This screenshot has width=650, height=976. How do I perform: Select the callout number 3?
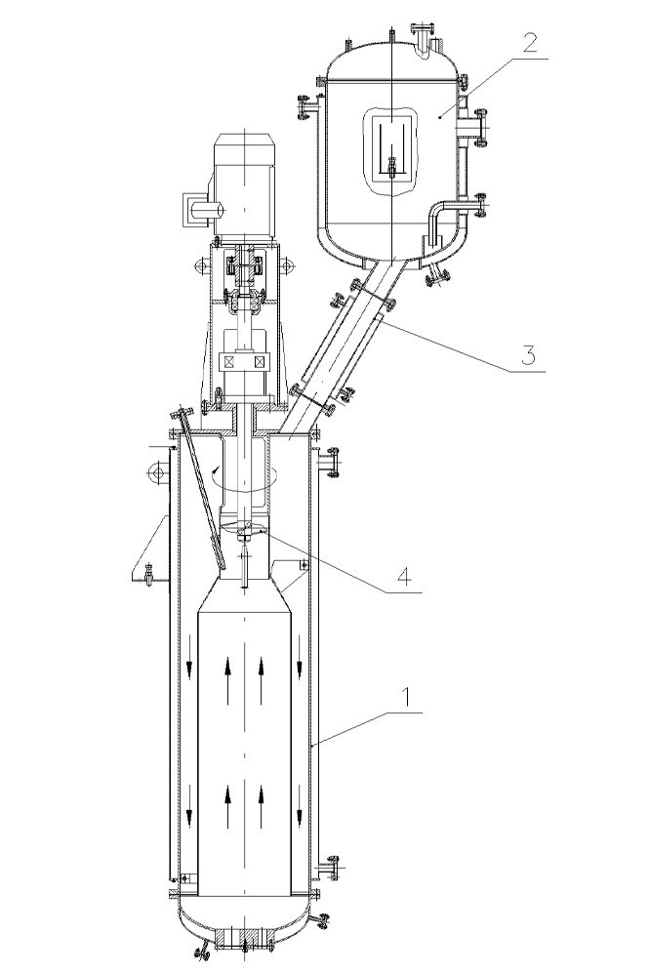(527, 355)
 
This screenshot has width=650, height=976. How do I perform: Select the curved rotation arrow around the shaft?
(243, 480)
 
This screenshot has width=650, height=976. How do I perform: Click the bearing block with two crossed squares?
(245, 362)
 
